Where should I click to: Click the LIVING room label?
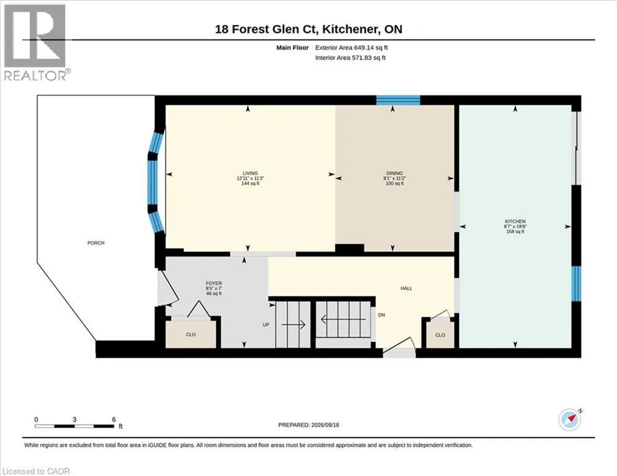click(x=251, y=173)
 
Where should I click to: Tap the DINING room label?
click(x=394, y=173)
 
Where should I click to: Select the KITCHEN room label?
click(x=515, y=221)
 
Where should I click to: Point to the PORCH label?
click(x=95, y=243)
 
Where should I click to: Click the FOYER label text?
click(x=214, y=283)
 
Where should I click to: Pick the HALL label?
click(x=407, y=288)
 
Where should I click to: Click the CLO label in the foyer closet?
click(x=191, y=335)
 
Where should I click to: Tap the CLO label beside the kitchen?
click(x=440, y=335)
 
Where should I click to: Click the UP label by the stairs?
click(x=266, y=325)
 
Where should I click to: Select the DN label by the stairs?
click(x=381, y=315)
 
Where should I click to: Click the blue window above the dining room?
click(x=398, y=100)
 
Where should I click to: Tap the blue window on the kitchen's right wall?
click(x=576, y=284)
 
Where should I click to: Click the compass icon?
click(x=569, y=420)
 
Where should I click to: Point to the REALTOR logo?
click(x=35, y=43)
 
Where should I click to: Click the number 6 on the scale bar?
click(x=114, y=420)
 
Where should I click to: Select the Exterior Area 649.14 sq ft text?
click(x=352, y=48)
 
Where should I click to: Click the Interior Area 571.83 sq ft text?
click(x=350, y=58)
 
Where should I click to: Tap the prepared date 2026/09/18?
click(x=325, y=425)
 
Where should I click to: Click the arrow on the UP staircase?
click(x=293, y=325)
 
